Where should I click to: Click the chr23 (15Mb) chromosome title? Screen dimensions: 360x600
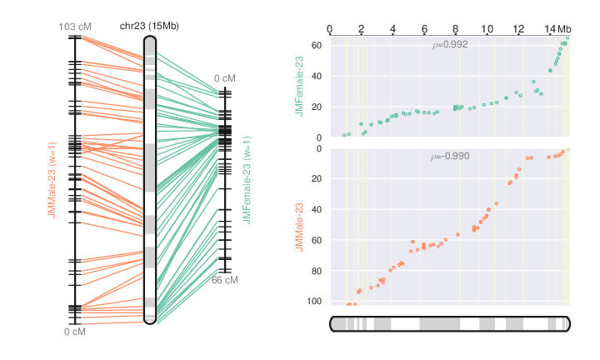click(x=149, y=27)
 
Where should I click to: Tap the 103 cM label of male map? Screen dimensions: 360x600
click(x=75, y=27)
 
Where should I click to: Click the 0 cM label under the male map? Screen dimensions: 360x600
click(x=75, y=332)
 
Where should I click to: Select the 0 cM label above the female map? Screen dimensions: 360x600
click(x=224, y=79)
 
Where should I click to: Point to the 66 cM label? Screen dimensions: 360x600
click(x=224, y=280)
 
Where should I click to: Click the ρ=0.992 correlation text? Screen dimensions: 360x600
click(x=450, y=45)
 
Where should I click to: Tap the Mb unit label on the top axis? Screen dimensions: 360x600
click(x=565, y=30)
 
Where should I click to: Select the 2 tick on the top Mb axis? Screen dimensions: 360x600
click(x=362, y=30)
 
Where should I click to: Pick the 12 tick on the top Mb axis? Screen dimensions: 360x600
click(x=519, y=30)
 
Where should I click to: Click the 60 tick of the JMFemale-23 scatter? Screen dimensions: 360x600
click(x=317, y=45)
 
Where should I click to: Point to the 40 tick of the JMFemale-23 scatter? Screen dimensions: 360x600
click(x=317, y=76)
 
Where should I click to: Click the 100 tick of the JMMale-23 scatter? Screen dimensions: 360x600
click(x=314, y=301)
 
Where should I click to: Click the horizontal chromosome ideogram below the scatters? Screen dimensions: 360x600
click(x=450, y=323)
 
